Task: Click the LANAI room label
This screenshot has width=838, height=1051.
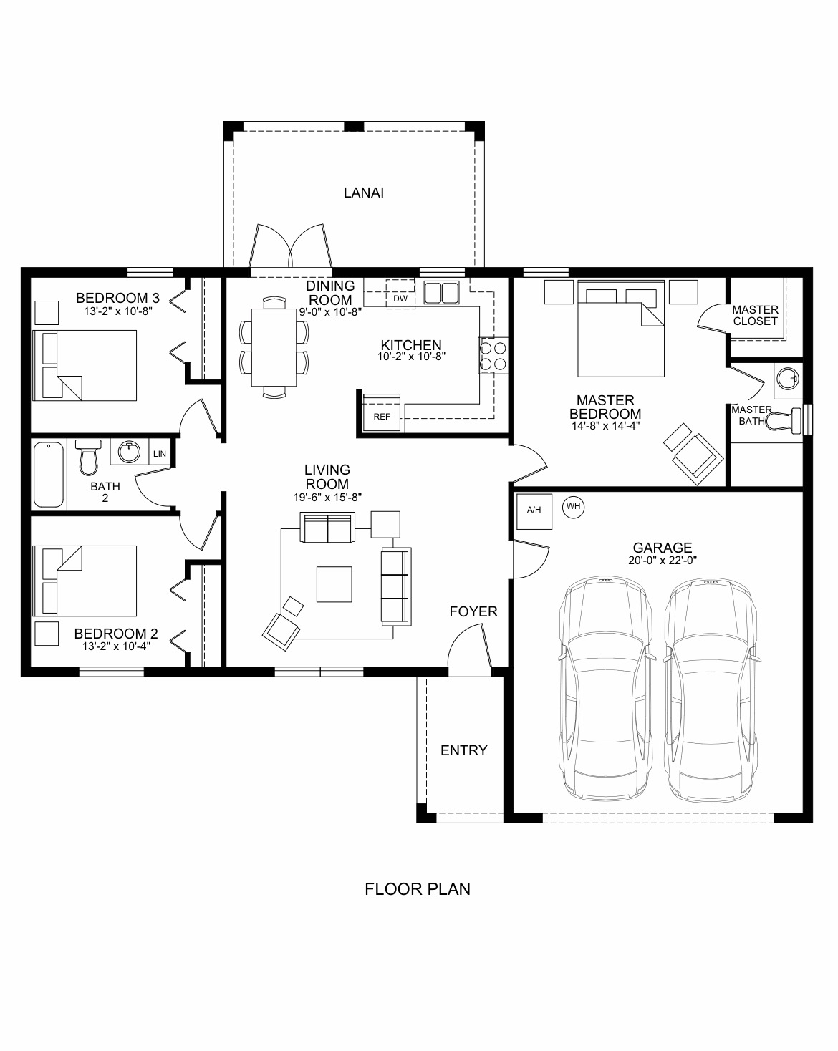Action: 364,193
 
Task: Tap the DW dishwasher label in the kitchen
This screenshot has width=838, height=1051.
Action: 400,299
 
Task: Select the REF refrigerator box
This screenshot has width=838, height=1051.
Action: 382,412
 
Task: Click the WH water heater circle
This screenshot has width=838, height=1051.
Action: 573,507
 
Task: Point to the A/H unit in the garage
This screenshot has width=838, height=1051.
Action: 534,511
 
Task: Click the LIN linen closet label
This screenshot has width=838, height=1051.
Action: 160,454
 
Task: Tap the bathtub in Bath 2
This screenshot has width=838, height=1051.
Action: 49,475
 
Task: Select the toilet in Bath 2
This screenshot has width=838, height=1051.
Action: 88,457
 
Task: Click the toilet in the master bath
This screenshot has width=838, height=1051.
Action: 784,420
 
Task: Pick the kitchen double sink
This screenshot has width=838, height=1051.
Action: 441,293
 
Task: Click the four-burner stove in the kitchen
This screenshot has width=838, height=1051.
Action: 493,356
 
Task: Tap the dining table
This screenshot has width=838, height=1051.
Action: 274,347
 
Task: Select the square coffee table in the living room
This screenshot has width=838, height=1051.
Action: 334,584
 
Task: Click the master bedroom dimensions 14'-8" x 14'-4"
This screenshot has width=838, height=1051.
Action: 605,426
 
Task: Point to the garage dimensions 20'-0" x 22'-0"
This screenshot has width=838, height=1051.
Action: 663,561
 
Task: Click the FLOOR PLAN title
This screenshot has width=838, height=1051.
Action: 418,889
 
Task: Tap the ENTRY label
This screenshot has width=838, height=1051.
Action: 463,750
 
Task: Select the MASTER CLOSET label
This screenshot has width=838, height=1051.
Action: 755,316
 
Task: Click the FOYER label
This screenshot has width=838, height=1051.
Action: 473,611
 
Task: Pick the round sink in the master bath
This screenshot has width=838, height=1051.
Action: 788,379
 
